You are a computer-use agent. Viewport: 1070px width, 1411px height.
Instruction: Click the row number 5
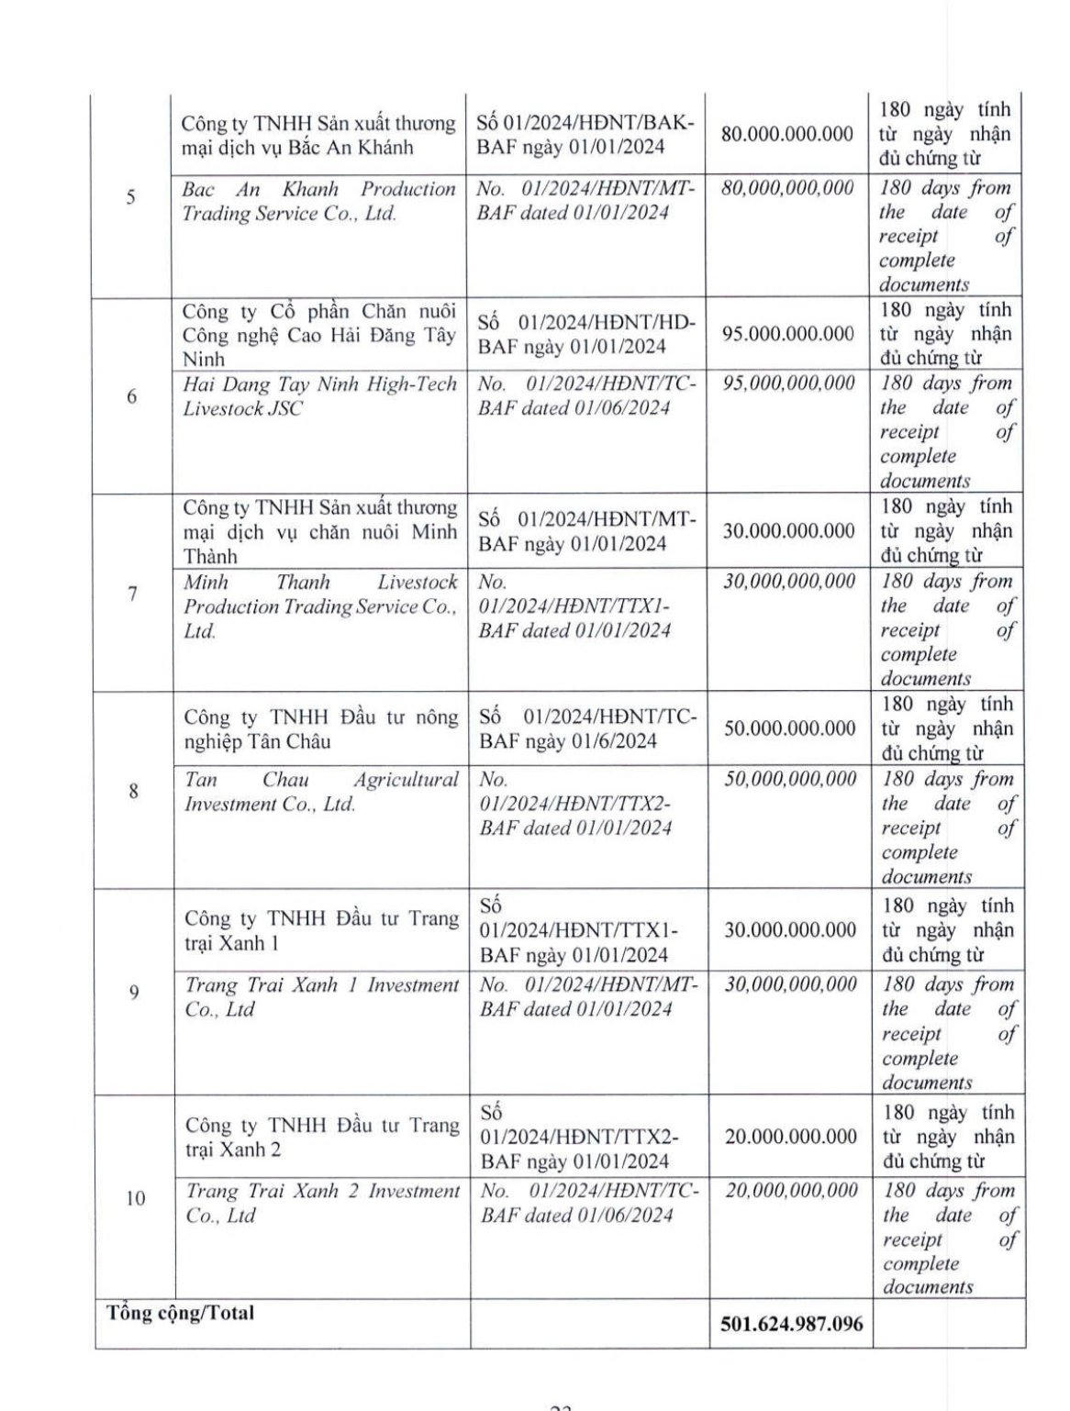click(131, 197)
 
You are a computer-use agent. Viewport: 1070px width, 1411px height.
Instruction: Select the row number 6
click(132, 396)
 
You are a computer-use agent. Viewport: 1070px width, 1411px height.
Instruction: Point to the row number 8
click(134, 791)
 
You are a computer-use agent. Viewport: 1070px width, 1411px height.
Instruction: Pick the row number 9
click(134, 992)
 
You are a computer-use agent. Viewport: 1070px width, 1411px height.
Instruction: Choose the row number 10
click(135, 1198)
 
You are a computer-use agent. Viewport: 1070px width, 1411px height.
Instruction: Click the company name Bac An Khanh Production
click(318, 201)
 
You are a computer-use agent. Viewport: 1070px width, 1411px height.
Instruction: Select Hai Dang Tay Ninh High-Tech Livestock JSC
click(319, 396)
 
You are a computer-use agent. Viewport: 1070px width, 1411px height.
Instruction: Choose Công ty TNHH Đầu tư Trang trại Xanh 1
click(321, 930)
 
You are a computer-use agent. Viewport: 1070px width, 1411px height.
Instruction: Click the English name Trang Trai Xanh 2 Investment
click(322, 1203)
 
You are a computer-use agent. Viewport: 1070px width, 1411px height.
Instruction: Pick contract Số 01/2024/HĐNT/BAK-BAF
click(586, 135)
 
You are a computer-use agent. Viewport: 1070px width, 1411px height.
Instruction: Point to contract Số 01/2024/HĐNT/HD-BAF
click(587, 334)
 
